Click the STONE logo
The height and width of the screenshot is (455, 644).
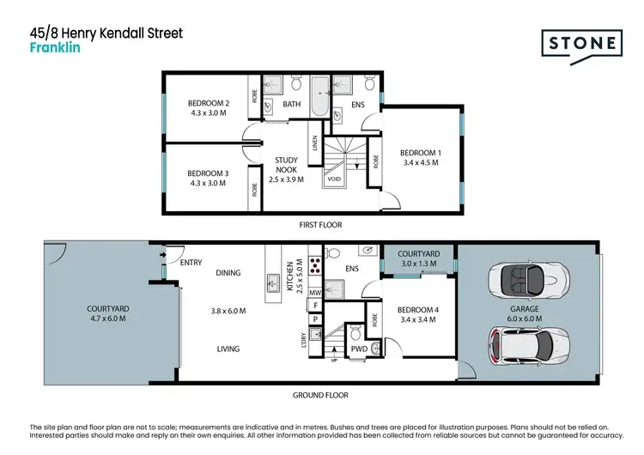[x=581, y=44]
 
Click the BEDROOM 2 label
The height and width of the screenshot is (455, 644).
[x=209, y=103]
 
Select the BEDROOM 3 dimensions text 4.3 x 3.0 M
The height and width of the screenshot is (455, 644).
[x=209, y=184]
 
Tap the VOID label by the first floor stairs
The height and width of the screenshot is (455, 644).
[x=333, y=179]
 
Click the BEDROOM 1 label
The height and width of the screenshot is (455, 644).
[x=419, y=152]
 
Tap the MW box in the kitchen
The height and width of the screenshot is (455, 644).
[x=314, y=291]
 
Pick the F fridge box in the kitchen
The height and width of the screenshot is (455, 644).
[x=314, y=305]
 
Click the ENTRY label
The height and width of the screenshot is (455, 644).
[x=191, y=263]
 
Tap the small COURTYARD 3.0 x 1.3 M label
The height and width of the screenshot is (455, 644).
[x=418, y=254]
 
